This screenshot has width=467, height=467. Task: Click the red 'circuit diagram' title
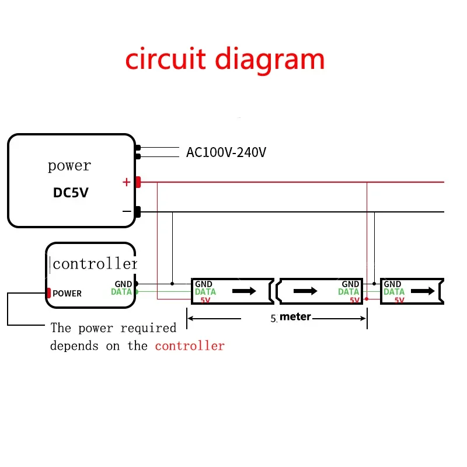[x=225, y=60]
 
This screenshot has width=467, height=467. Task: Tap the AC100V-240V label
[x=226, y=152]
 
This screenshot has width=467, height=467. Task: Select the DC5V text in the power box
[x=71, y=193]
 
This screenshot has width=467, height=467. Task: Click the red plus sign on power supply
[x=127, y=182]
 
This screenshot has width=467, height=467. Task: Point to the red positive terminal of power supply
[x=138, y=182]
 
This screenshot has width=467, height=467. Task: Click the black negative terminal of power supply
[x=138, y=212]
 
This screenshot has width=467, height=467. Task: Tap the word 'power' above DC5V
[x=69, y=166]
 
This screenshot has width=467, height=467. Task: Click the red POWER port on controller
[x=48, y=293]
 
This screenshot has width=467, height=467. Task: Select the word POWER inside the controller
[x=67, y=294]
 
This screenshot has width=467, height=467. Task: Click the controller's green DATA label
[x=121, y=291]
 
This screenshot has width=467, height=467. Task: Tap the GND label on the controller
[x=123, y=284]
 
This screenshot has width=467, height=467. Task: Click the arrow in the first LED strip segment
[x=244, y=291]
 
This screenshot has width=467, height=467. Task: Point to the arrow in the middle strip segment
[x=305, y=291]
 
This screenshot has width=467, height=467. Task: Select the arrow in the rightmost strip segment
[x=423, y=291]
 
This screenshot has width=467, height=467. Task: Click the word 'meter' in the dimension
[x=295, y=316]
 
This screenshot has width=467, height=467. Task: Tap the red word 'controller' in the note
[x=190, y=346]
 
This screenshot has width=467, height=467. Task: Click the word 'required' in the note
[x=148, y=329]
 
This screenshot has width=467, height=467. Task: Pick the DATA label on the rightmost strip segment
[x=394, y=291]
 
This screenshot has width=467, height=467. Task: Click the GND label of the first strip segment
[x=204, y=284]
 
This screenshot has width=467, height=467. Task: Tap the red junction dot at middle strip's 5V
[x=367, y=299]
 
